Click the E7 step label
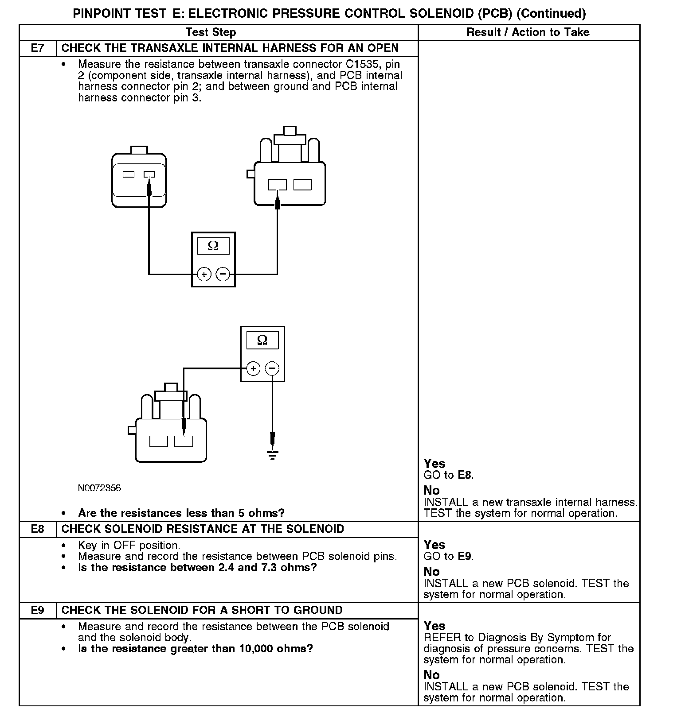tap(38, 48)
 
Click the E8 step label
tap(38, 529)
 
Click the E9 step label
tap(38, 611)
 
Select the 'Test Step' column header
tap(211, 32)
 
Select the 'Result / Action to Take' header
tap(528, 32)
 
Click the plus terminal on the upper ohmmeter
tap(204, 275)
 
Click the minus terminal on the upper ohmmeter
tap(223, 275)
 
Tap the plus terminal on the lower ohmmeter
tap(253, 368)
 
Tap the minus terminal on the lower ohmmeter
tap(272, 368)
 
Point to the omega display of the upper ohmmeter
tap(213, 246)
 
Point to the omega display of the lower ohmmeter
tap(262, 340)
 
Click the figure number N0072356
tap(99, 488)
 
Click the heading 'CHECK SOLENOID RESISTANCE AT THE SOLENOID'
tap(203, 529)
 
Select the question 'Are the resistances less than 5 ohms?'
tap(181, 513)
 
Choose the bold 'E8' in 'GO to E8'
tap(465, 476)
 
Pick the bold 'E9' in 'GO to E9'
tap(465, 557)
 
